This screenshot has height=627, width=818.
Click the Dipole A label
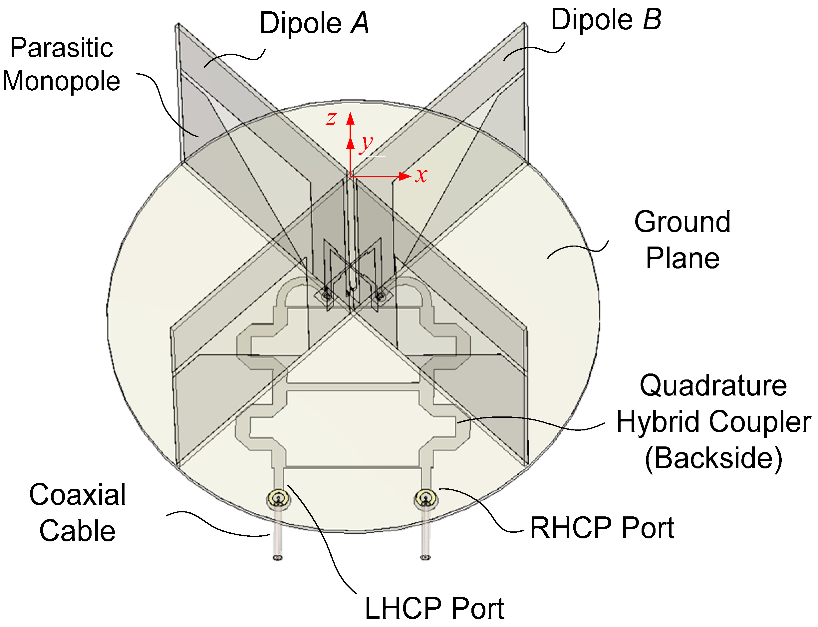click(314, 23)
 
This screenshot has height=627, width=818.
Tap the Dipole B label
click(606, 19)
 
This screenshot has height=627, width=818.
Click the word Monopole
click(61, 81)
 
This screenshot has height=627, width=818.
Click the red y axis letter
click(366, 143)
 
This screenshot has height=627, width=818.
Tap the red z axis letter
click(331, 118)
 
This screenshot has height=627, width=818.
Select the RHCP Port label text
click(602, 528)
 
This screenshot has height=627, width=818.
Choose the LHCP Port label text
click(434, 609)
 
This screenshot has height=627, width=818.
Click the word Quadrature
click(713, 385)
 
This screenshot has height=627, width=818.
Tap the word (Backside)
click(713, 458)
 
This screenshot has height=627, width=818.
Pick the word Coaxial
click(78, 494)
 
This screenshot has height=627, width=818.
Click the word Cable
click(78, 531)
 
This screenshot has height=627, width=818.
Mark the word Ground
click(682, 222)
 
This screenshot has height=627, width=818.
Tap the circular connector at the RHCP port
click(425, 497)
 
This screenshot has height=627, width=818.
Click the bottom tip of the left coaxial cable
click(278, 558)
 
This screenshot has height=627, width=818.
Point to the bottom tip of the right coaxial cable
click(425, 557)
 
